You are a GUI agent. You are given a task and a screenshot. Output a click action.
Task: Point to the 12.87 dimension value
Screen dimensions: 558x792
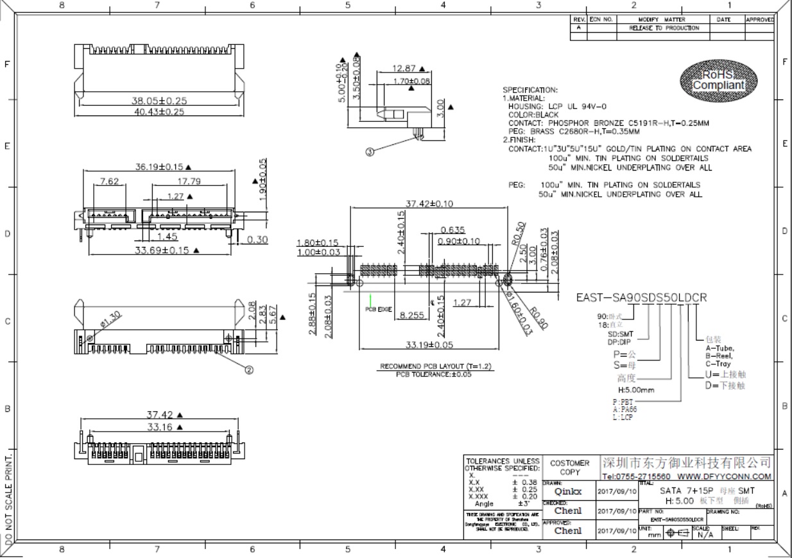[x=404, y=68]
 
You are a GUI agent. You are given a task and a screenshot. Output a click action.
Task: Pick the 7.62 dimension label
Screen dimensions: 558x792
[x=109, y=182]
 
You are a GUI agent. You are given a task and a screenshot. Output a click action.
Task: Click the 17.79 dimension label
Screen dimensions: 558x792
[x=188, y=182]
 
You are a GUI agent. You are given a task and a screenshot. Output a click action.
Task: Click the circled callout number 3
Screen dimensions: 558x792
[x=370, y=152]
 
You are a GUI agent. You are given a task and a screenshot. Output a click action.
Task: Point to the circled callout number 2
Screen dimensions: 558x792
[x=249, y=369]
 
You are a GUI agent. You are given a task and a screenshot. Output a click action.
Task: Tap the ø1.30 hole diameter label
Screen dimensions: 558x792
[x=110, y=318]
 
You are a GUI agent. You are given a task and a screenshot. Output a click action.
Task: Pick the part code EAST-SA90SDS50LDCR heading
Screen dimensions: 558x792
[x=641, y=298]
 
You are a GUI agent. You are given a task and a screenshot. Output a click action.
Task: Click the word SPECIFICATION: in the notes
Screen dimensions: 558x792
[x=530, y=90]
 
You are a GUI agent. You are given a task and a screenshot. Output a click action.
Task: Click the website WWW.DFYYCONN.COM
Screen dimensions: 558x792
[x=724, y=477]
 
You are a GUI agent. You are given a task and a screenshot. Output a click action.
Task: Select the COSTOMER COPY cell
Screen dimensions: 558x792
[x=569, y=467]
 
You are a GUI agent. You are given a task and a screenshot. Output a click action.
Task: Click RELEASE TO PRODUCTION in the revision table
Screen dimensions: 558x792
[x=664, y=28]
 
